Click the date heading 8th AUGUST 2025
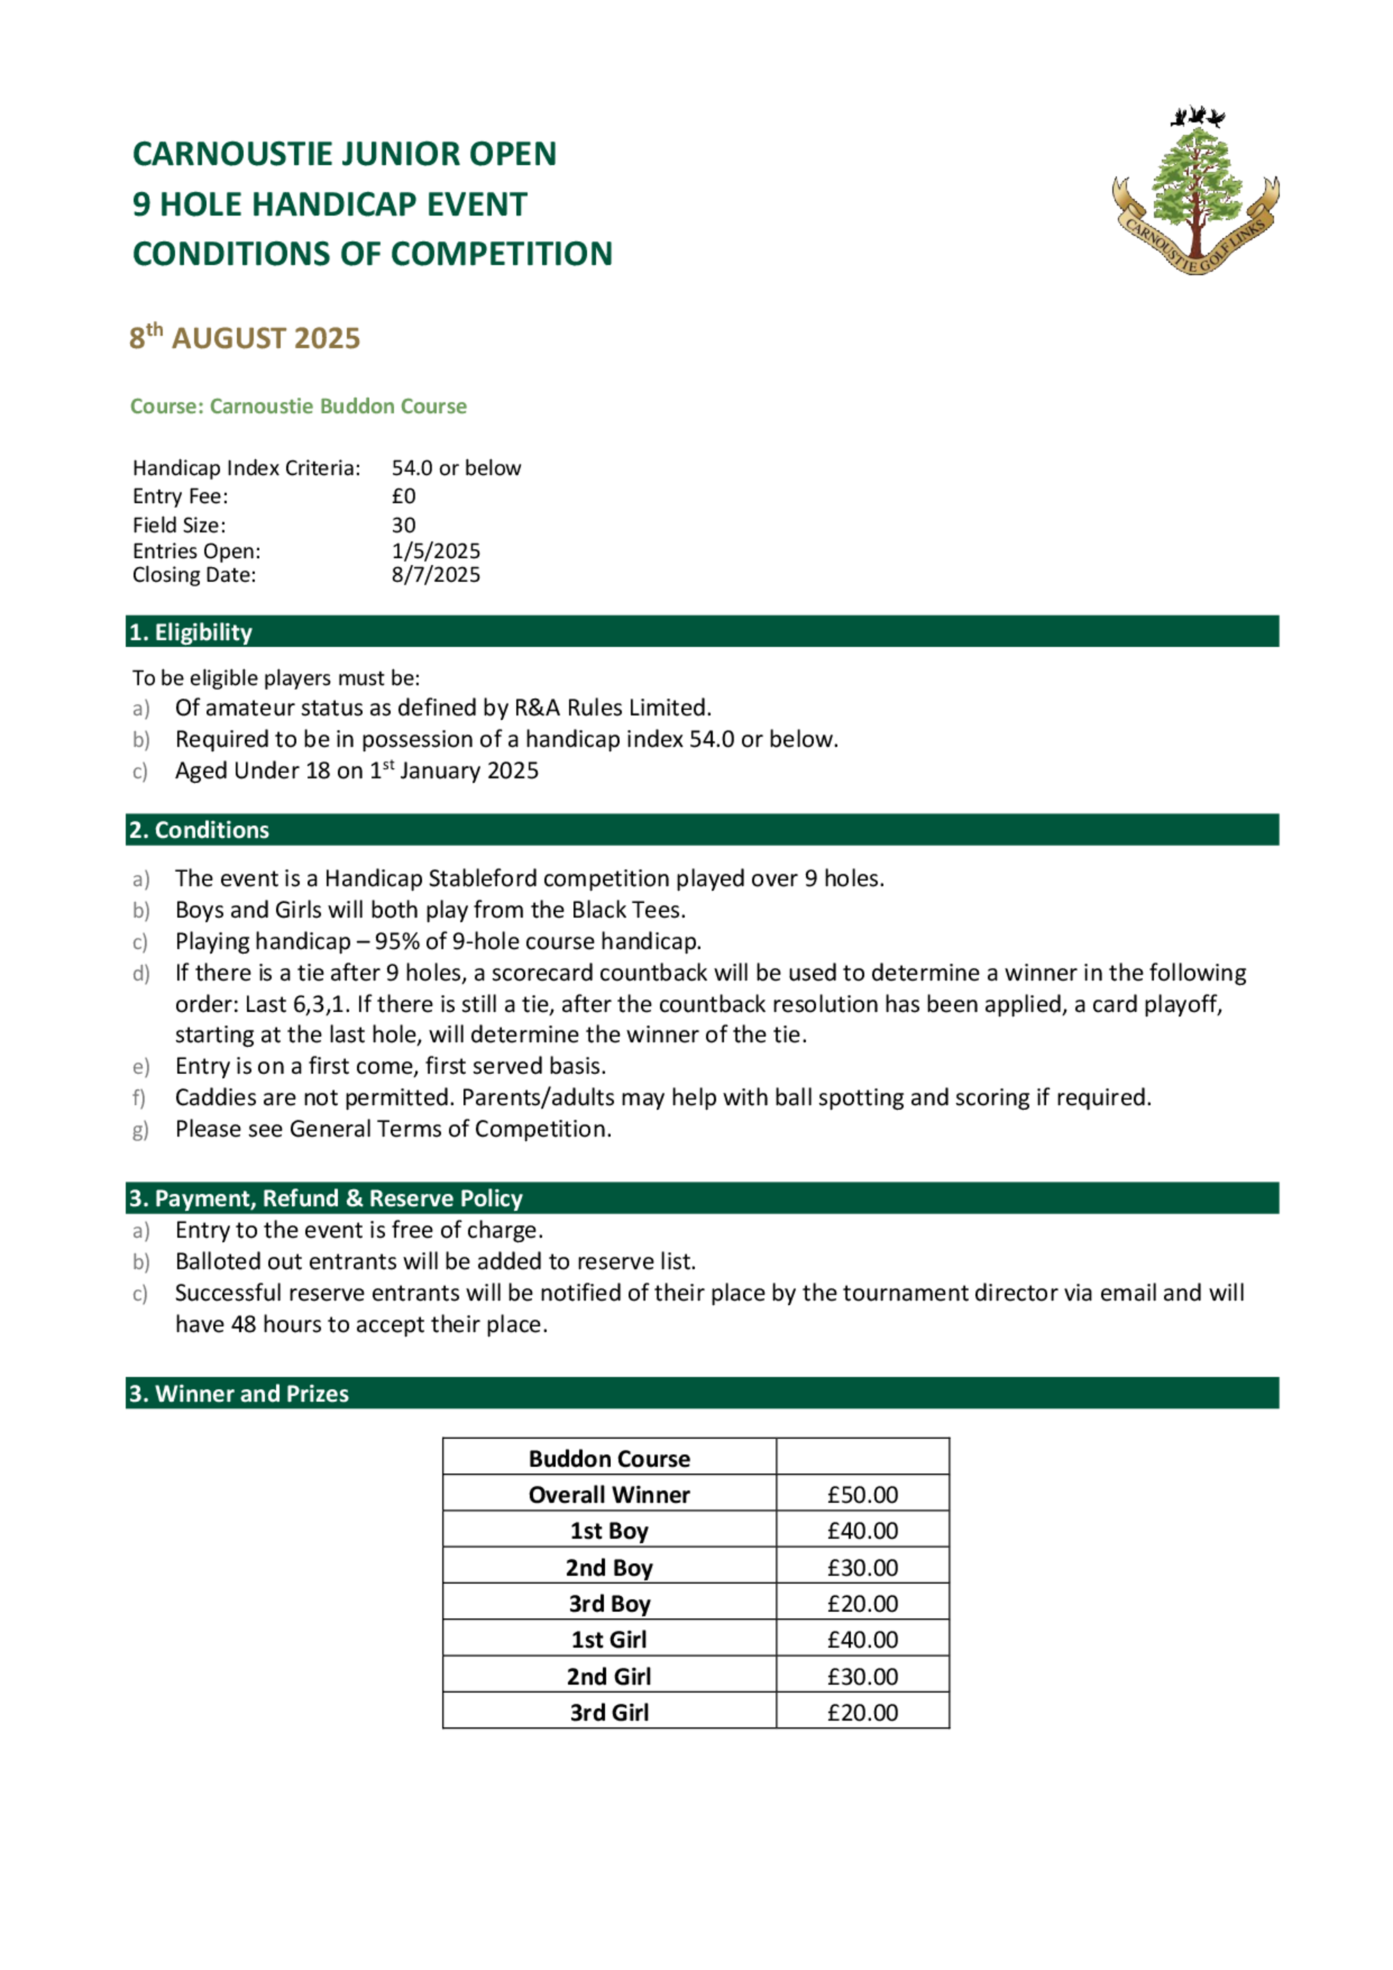[244, 337]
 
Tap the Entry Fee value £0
[403, 496]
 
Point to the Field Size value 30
[403, 525]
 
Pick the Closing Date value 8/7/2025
[436, 575]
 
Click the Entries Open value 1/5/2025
[436, 551]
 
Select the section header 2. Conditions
[199, 830]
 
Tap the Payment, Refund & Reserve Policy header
[326, 1198]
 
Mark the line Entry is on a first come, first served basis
[390, 1065]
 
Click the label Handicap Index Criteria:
[246, 468]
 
